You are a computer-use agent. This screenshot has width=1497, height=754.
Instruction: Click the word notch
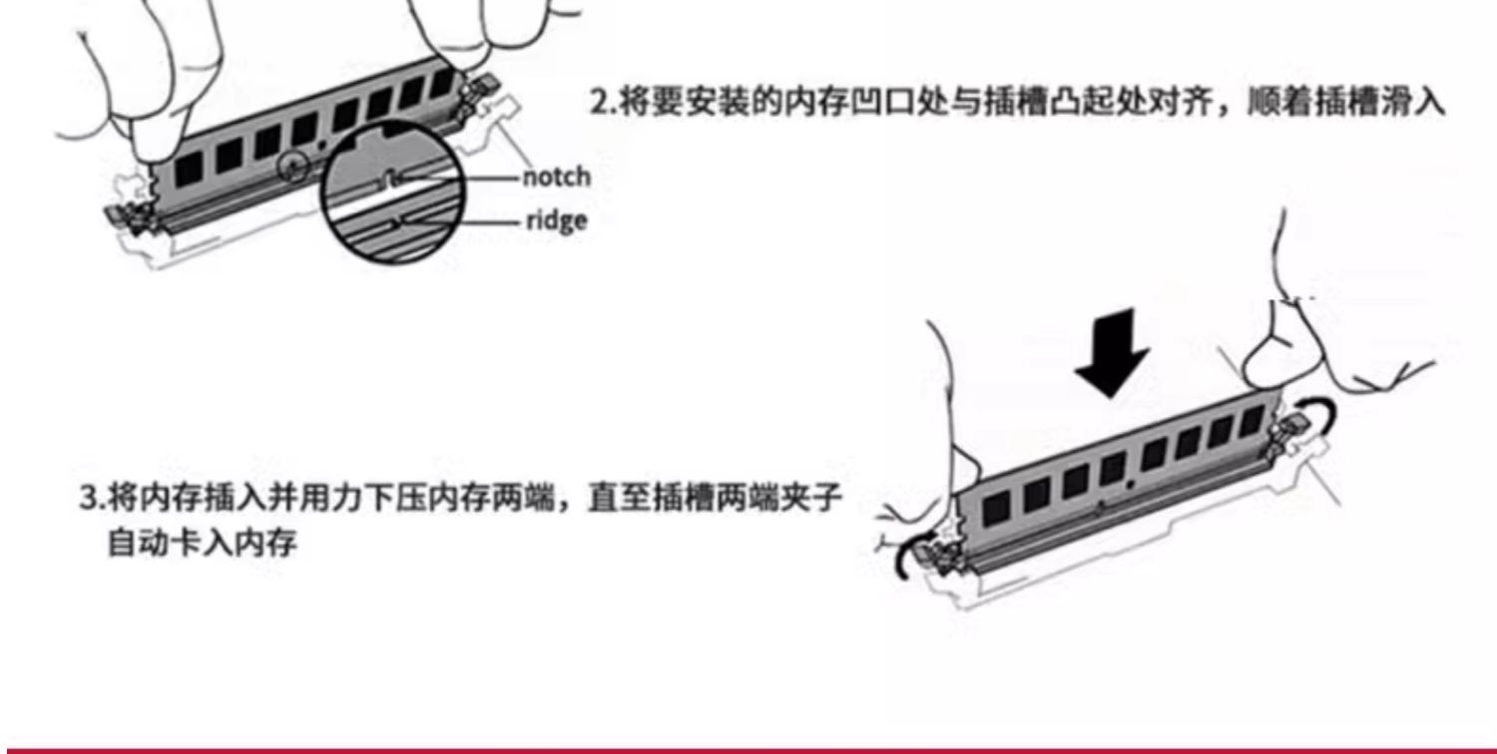click(557, 178)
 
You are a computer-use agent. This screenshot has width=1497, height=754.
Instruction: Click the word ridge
click(557, 221)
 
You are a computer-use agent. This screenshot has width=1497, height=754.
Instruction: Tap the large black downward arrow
click(1112, 353)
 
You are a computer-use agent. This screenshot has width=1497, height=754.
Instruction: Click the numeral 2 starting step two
click(598, 104)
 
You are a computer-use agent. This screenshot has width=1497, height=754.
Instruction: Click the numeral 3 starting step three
click(88, 498)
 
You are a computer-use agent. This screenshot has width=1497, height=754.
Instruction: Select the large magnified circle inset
click(392, 192)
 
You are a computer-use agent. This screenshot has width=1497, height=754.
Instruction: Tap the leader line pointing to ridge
click(462, 221)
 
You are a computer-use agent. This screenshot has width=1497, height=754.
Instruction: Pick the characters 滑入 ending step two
click(1413, 104)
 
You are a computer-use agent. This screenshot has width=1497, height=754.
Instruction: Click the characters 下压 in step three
click(394, 498)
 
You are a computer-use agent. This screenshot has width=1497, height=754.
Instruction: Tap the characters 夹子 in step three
click(808, 498)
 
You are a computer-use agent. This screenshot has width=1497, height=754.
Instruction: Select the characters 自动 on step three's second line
click(139, 543)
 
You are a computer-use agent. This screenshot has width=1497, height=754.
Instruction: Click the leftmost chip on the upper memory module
click(189, 169)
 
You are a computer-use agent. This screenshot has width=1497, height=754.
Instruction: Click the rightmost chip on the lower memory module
click(1251, 422)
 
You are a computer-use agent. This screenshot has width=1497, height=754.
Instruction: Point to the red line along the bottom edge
click(748, 751)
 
